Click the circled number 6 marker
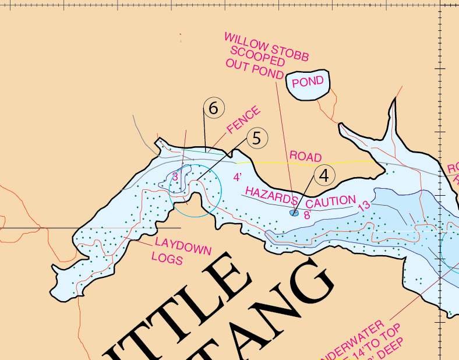click(214, 108)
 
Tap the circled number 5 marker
click(257, 138)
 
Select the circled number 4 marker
click(324, 175)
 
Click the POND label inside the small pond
click(308, 82)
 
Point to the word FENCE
click(243, 119)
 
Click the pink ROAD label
click(305, 157)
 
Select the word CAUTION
click(330, 203)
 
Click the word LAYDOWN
click(182, 246)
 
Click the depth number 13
click(363, 206)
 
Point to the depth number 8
click(306, 214)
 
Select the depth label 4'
click(238, 177)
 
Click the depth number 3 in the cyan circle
click(175, 177)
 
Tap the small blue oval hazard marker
click(294, 213)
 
